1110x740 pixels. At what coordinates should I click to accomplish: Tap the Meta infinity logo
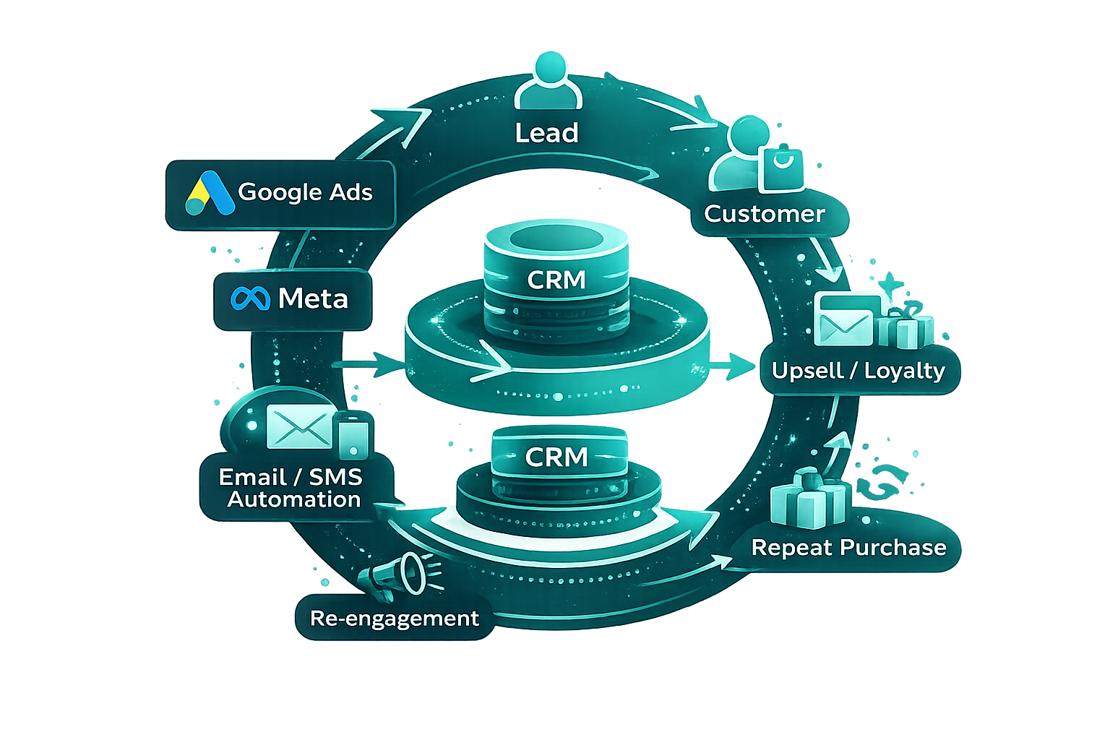[250, 298]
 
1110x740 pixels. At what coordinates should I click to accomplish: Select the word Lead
[547, 133]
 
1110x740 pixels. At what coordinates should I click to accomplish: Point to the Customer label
[764, 214]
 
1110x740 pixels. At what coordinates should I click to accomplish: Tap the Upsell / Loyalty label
[858, 371]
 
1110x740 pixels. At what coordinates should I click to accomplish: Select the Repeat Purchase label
[848, 548]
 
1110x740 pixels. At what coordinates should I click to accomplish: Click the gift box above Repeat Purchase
[808, 498]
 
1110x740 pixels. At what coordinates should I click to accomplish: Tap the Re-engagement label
[395, 619]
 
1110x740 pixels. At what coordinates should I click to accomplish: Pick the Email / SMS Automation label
[291, 488]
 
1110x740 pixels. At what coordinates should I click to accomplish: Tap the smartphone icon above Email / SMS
[353, 436]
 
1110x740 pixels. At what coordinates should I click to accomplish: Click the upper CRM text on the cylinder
[556, 280]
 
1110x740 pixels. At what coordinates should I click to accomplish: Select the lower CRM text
[556, 457]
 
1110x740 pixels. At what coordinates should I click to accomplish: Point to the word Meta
[313, 298]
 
